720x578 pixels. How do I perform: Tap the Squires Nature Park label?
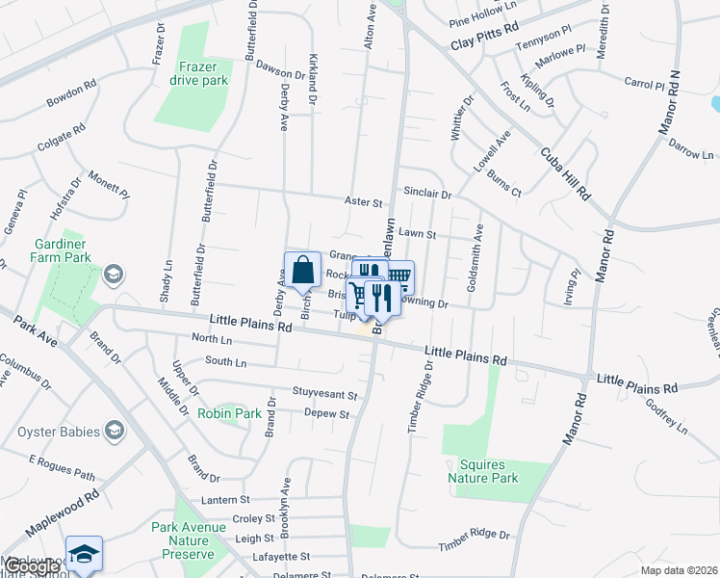[x=483, y=471]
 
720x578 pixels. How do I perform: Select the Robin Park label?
[x=229, y=413]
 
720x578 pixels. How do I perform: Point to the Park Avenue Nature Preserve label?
[x=183, y=540]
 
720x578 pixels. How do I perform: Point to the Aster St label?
[x=365, y=202]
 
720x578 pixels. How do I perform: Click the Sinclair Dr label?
[x=427, y=193]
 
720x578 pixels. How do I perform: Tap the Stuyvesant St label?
[x=325, y=395]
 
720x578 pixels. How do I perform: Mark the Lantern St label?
[x=225, y=500]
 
